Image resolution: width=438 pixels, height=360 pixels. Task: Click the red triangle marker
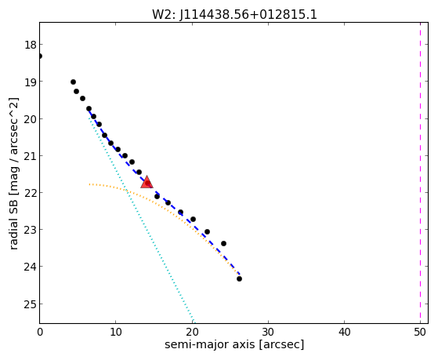tap(147, 182)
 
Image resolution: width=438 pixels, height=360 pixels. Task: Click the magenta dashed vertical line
tap(420, 173)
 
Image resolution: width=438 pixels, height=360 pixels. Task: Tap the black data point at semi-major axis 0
tap(40, 56)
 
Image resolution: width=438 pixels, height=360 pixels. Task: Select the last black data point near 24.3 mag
tap(239, 278)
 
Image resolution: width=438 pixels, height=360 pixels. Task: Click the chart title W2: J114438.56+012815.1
tap(234, 15)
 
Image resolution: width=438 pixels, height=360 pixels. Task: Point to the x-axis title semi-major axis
tap(209, 344)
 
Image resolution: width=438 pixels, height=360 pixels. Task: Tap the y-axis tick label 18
tap(31, 45)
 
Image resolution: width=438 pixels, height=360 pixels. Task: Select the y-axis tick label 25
tap(31, 304)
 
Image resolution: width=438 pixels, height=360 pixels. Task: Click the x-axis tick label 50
tap(420, 332)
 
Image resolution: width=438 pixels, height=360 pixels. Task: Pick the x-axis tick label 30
tap(268, 332)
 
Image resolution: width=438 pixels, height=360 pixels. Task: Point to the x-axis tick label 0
tap(40, 332)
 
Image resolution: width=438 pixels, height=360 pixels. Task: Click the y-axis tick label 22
tap(31, 193)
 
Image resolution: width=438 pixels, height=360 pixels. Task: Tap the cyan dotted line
tap(140, 220)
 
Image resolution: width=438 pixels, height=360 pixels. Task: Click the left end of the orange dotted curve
tap(89, 184)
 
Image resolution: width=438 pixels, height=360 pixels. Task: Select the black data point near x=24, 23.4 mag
tap(223, 243)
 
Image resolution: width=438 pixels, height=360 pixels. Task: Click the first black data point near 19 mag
tap(73, 82)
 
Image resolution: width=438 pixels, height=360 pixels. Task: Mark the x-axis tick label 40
tap(344, 332)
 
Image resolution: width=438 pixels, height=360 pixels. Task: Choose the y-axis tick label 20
tap(31, 119)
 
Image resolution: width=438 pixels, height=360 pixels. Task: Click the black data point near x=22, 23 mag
tap(207, 231)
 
